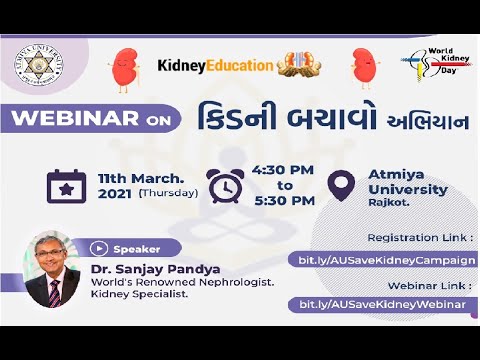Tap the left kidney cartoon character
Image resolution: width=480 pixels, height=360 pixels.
click(x=123, y=65)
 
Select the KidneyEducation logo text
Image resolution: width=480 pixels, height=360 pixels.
click(x=215, y=66)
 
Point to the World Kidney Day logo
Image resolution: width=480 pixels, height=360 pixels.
click(x=429, y=65)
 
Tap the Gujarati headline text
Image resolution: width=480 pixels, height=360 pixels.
click(x=306, y=117)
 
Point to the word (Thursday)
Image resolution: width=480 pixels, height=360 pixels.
click(x=167, y=193)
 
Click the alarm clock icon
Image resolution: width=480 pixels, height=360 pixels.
click(x=224, y=185)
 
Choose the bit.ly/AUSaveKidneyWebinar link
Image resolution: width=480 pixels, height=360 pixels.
click(x=379, y=304)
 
